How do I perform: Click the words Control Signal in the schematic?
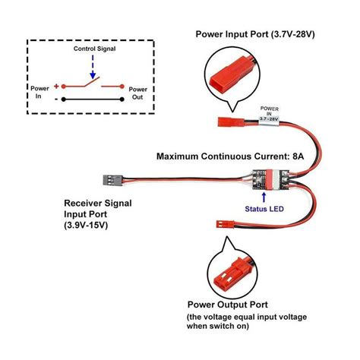point(94,49)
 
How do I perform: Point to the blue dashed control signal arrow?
point(93,67)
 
